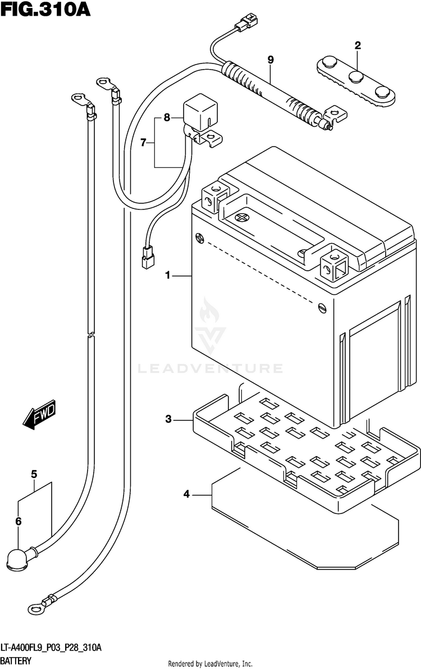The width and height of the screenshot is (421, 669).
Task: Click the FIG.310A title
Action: coord(45,10)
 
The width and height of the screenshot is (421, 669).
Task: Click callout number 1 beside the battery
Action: coord(168,276)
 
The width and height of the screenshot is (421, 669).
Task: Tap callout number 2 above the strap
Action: coord(358,45)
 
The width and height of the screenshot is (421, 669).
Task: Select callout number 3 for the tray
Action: coord(168,419)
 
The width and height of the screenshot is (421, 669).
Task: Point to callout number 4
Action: coord(186,494)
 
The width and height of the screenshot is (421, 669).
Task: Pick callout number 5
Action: coord(34,474)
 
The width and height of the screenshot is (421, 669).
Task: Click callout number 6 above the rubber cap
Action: coord(19,521)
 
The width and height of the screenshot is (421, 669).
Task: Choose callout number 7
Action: coord(143,143)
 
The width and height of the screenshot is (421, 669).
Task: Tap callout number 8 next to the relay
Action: coord(167,117)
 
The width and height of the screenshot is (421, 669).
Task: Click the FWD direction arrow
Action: coord(39,414)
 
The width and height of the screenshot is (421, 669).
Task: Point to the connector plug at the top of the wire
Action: coord(246,21)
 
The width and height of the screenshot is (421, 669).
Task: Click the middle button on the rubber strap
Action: coord(356,77)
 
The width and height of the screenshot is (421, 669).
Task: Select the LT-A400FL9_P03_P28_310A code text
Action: coord(51,649)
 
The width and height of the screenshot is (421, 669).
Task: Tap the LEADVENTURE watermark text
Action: coord(210,368)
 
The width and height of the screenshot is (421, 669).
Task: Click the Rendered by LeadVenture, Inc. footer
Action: coord(210,663)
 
